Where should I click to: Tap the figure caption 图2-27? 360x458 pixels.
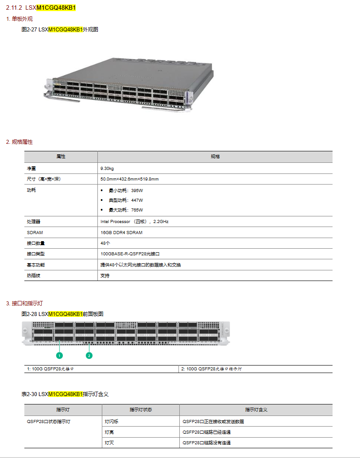(x=60, y=30)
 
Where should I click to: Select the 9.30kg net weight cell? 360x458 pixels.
(x=107, y=169)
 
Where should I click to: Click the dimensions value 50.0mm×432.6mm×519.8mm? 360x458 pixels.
(x=129, y=179)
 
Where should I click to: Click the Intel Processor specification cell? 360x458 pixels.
(x=135, y=221)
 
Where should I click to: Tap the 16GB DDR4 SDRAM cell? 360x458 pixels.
(x=121, y=232)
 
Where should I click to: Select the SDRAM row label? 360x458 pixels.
(x=35, y=232)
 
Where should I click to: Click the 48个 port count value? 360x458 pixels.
(x=105, y=243)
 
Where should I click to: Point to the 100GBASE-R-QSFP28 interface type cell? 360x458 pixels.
(x=130, y=254)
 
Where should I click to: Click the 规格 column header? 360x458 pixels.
(x=215, y=157)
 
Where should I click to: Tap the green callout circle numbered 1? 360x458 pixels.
(x=60, y=355)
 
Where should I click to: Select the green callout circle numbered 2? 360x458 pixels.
(x=89, y=355)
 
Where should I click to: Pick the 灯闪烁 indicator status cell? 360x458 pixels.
(x=112, y=421)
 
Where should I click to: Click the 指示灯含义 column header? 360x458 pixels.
(x=256, y=410)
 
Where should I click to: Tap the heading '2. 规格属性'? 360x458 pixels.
(x=19, y=142)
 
